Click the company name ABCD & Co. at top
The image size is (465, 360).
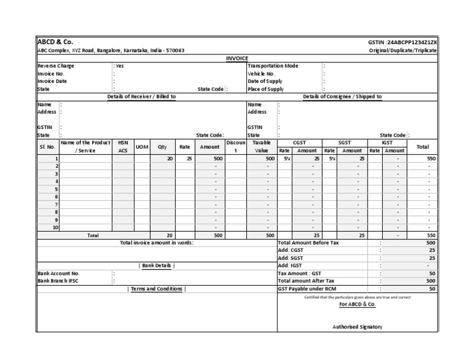(55, 42)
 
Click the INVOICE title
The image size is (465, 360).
(237, 58)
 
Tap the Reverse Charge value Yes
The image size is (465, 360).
(119, 65)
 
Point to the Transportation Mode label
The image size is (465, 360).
(273, 65)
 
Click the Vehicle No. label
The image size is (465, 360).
(262, 73)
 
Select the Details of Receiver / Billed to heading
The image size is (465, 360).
(142, 96)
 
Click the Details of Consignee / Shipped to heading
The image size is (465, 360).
(342, 96)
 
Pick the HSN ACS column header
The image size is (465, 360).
(123, 146)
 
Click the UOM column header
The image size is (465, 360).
(142, 146)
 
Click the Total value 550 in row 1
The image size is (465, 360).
(431, 158)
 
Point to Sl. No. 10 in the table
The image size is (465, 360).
(56, 227)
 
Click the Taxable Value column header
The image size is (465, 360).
(262, 146)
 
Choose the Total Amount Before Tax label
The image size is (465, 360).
(308, 242)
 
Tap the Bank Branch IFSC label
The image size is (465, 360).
(58, 281)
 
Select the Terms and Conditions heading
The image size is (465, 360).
(156, 289)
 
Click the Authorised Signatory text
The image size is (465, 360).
(357, 327)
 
